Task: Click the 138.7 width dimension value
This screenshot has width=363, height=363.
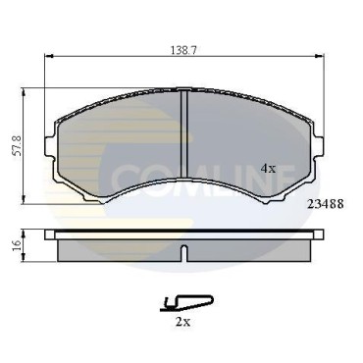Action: pos(183,50)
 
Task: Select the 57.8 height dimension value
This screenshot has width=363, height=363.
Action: pos(18,146)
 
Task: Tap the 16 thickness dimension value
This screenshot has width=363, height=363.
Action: pos(18,245)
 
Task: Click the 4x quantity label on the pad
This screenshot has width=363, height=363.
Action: pos(269,169)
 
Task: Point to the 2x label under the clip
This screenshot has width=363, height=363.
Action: pos(182,322)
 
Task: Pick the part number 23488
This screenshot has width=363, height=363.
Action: pos(326,204)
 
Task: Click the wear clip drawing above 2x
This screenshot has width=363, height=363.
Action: pos(186,302)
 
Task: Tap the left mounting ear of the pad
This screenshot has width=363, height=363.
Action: pos(49,146)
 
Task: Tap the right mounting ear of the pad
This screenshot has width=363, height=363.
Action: pos(319,146)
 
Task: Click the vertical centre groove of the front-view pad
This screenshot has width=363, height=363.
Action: pos(183,134)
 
